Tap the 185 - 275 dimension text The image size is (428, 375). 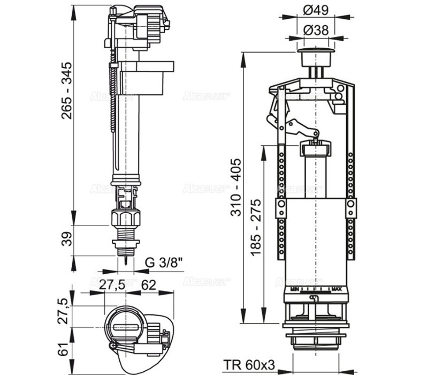point(256,228)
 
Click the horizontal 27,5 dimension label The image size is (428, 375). point(112,284)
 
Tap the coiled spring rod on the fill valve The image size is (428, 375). point(113,96)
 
